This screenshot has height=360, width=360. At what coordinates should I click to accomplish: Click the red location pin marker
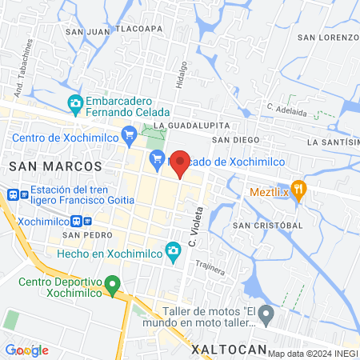click(x=181, y=164)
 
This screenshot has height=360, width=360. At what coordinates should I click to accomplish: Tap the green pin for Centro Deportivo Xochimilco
click(x=114, y=283)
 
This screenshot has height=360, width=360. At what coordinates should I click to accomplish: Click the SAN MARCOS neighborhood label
click(x=55, y=166)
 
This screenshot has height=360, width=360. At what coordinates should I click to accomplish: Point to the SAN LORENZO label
click(x=327, y=38)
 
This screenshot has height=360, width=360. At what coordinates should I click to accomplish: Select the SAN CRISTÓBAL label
click(x=267, y=225)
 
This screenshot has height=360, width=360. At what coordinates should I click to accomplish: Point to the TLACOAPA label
click(x=141, y=28)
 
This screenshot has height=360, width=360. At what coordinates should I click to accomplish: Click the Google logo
click(x=26, y=350)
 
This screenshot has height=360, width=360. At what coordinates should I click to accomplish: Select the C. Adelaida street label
click(x=287, y=109)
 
